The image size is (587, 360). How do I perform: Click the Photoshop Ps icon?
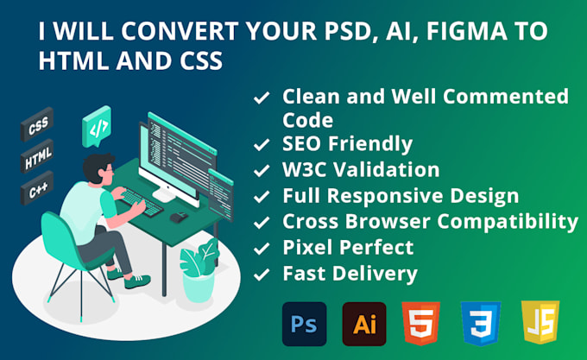305,324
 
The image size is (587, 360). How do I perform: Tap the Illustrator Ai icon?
363,324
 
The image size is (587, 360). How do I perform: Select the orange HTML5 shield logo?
420,324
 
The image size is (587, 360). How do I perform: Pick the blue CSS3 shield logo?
481,324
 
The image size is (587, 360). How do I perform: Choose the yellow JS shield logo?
540,324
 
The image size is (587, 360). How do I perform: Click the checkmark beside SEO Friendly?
260,144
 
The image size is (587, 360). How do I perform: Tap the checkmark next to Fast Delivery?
260,275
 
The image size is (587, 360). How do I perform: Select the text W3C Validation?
361,170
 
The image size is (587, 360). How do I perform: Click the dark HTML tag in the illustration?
36,160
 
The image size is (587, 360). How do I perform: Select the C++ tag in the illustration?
36,189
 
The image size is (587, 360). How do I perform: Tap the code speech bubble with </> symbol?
98,129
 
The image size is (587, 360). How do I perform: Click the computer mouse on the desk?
178,217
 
